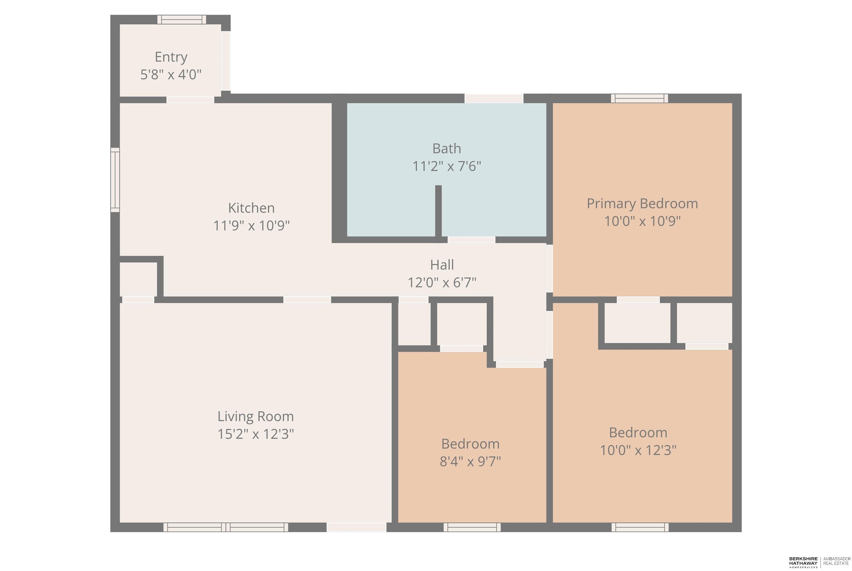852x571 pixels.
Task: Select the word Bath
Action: [x=447, y=149]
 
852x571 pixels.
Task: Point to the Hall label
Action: [x=442, y=265]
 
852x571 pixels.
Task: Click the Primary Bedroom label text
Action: [x=642, y=204]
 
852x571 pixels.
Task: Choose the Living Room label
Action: [x=255, y=416]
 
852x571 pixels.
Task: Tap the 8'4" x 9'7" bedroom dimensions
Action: [x=470, y=462]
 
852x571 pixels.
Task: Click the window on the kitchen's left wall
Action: [x=115, y=180]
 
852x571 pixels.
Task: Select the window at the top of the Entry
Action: [x=182, y=20]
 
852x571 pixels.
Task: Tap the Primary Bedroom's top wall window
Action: [x=640, y=98]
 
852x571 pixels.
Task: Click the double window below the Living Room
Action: [x=226, y=527]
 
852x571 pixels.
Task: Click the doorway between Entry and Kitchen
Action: [x=190, y=100]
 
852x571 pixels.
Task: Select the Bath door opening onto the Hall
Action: [x=471, y=240]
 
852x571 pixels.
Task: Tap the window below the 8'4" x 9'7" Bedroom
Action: [x=472, y=527]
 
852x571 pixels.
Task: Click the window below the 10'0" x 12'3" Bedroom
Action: [x=640, y=527]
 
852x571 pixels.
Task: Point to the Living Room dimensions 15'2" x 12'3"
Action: [x=255, y=434]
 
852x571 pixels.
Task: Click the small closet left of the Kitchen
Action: [x=138, y=279]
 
